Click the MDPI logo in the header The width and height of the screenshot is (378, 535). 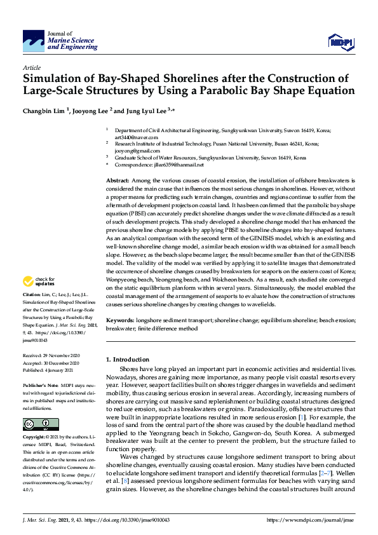pyautogui.click(x=340, y=42)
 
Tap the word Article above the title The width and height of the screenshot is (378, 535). pyautogui.click(x=31, y=67)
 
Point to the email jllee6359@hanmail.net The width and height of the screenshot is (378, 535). pyautogui.click(x=179, y=165)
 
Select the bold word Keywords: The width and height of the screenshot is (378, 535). pyautogui.click(x=121, y=321)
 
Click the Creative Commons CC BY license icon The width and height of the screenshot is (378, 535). pyautogui.click(x=32, y=406)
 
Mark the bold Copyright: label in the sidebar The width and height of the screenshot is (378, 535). pyautogui.click(x=34, y=420)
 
